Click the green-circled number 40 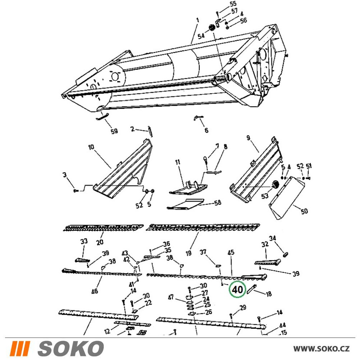[237, 289]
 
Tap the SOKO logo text [71, 348]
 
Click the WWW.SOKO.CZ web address [321, 348]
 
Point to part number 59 [114, 131]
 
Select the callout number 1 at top [198, 20]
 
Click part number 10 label [91, 147]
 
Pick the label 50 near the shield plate [304, 211]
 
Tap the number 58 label [217, 202]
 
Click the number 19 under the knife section [189, 253]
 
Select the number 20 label [100, 242]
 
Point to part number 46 [95, 291]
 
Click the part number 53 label [265, 196]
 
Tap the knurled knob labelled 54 [211, 28]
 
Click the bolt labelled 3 [76, 190]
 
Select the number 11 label [177, 162]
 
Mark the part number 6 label [206, 130]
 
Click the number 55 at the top [233, 4]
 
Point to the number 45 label [231, 252]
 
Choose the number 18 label [269, 294]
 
